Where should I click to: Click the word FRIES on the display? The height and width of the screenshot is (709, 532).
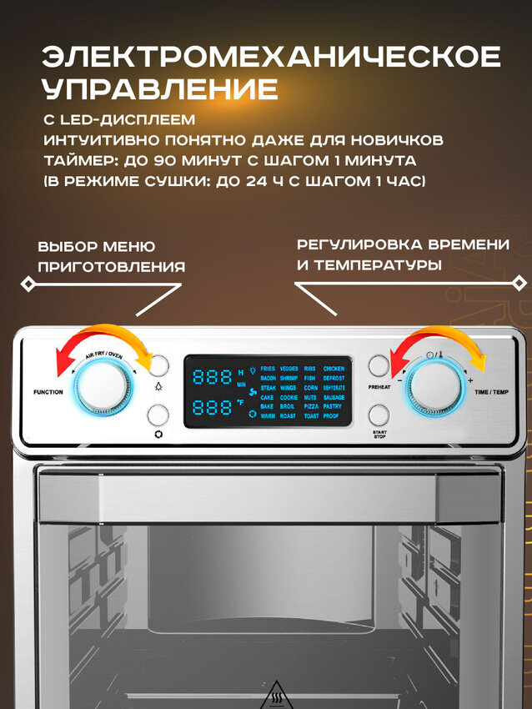tap(268, 368)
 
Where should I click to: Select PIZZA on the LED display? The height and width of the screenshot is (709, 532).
tap(310, 406)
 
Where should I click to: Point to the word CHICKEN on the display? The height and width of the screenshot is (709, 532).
tap(334, 368)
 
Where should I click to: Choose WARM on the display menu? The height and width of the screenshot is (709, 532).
tap(268, 415)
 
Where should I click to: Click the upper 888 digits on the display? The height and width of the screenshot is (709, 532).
tap(212, 376)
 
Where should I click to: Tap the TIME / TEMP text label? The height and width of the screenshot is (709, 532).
tap(492, 390)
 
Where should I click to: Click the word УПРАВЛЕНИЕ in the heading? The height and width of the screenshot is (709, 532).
tap(160, 88)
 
